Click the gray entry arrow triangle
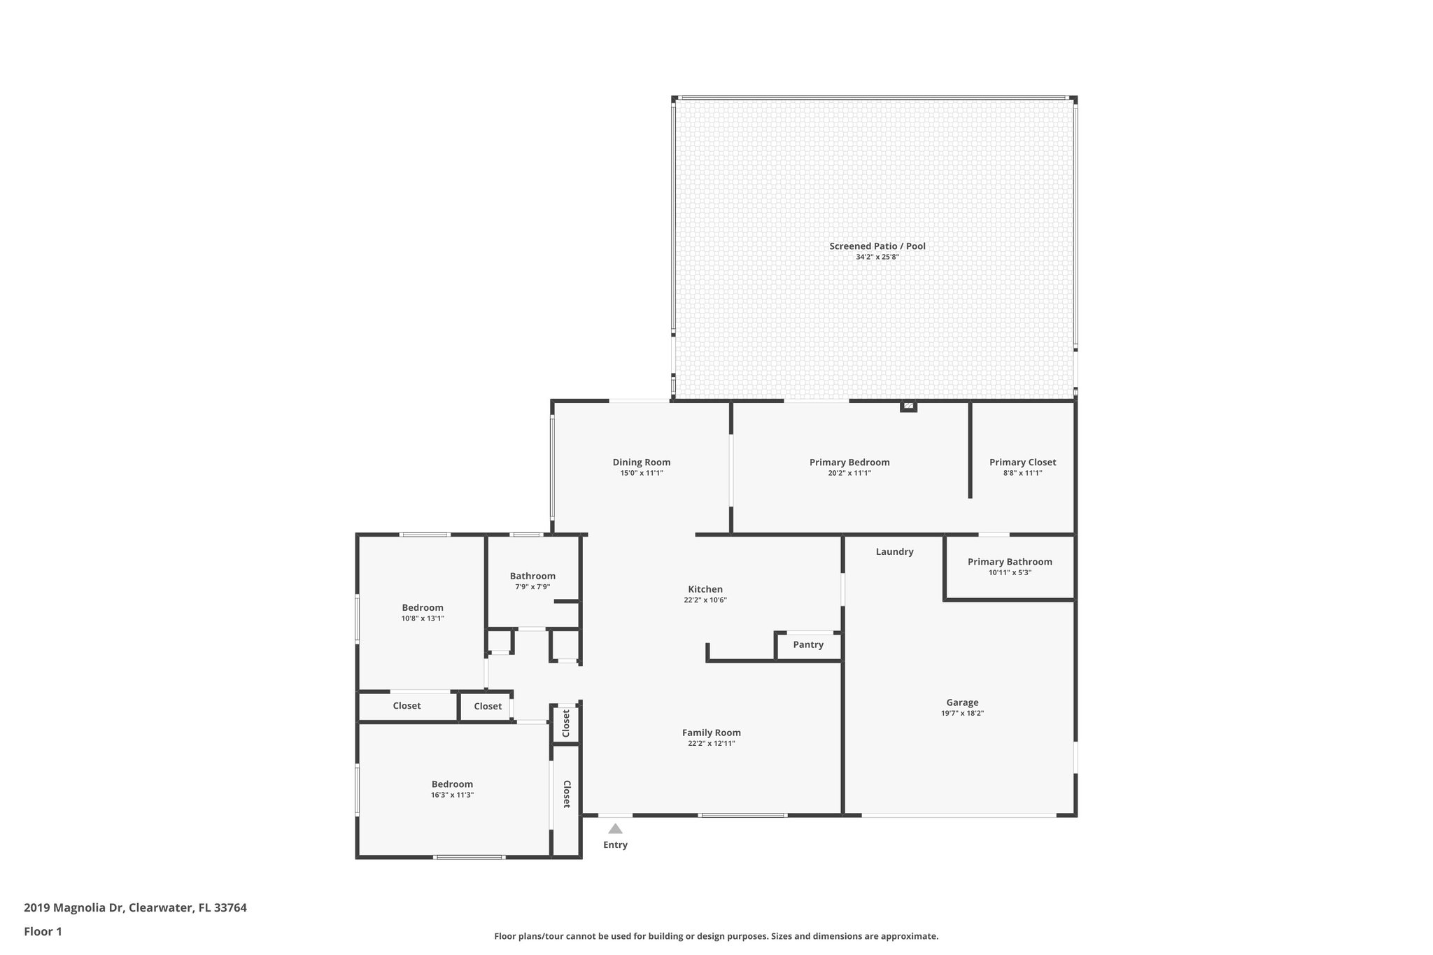tap(615, 828)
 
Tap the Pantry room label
tap(808, 644)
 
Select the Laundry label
tap(894, 551)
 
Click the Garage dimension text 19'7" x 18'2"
tap(962, 713)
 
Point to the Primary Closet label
tap(1022, 462)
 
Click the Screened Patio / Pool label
tap(877, 246)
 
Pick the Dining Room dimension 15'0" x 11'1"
tap(642, 473)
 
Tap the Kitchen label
tap(705, 589)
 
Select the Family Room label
tap(712, 733)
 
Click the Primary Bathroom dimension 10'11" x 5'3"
tap(1010, 572)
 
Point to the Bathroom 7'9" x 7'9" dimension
tap(532, 586)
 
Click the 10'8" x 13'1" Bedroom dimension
tap(423, 618)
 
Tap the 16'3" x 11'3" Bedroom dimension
tap(452, 795)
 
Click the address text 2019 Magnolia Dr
tap(74, 908)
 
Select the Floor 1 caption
tap(43, 931)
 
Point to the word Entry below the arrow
tap(615, 844)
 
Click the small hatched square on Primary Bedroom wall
tap(908, 405)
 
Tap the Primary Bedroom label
tap(849, 462)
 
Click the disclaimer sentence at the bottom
tap(716, 936)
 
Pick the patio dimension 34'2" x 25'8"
tap(877, 257)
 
